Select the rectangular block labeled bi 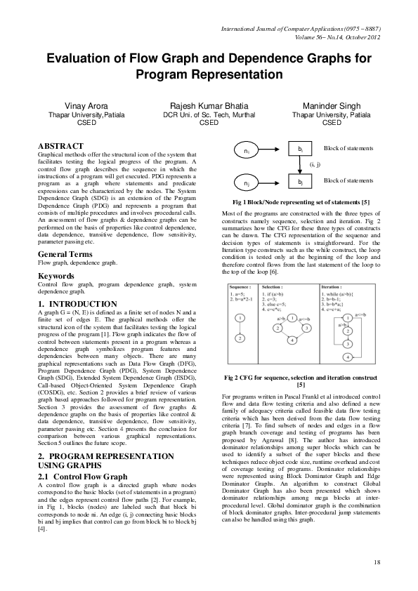300,150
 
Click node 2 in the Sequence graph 240,338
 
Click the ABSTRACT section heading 60,146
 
